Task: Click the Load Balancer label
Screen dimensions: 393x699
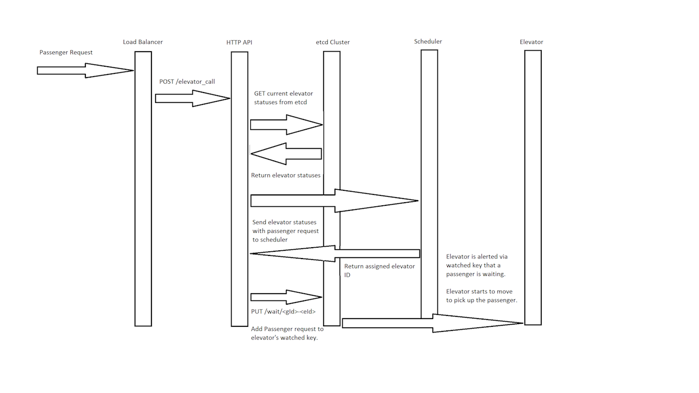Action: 143,42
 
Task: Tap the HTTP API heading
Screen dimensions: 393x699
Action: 239,42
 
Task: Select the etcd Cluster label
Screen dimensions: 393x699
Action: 332,42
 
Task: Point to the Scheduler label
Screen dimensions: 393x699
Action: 428,41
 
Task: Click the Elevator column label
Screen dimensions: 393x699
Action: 531,42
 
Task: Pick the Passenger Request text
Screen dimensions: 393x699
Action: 66,53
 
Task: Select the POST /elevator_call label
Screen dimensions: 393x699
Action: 187,82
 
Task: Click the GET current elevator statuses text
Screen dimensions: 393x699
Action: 283,98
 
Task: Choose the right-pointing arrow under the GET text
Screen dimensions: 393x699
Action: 286,125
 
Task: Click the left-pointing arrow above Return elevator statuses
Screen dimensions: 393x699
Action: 286,153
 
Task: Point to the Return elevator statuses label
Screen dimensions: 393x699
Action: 285,175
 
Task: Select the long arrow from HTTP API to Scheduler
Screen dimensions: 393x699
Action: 334,201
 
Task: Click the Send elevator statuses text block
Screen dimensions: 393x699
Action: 285,231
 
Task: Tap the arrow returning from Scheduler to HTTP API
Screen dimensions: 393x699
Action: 335,253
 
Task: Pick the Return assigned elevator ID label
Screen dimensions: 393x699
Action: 379,270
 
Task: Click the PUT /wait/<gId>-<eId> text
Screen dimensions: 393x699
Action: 283,312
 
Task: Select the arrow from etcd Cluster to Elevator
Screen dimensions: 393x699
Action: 432,323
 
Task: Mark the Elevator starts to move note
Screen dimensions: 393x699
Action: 481,296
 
